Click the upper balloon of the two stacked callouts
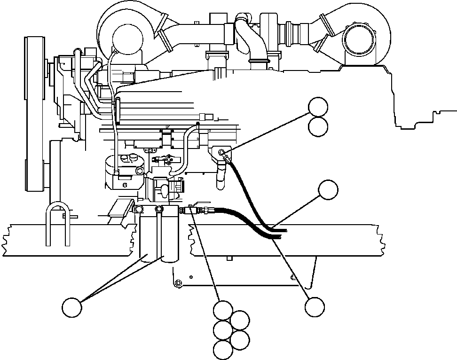coord(318,107)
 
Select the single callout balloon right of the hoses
coord(328,189)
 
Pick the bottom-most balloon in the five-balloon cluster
coord(222,349)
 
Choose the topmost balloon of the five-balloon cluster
coord(222,311)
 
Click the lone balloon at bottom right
coord(314,307)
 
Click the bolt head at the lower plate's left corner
coord(178,283)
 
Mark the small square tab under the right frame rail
coord(229,258)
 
